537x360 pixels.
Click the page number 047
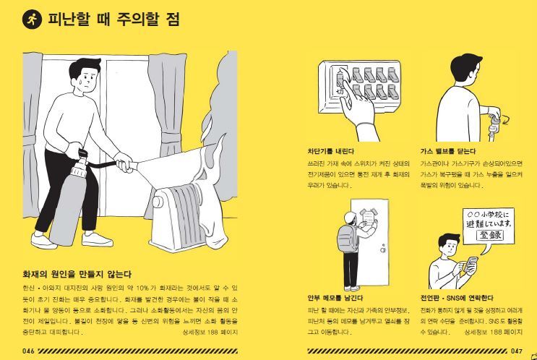[x=516, y=351]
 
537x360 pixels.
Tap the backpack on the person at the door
[x=348, y=242]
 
